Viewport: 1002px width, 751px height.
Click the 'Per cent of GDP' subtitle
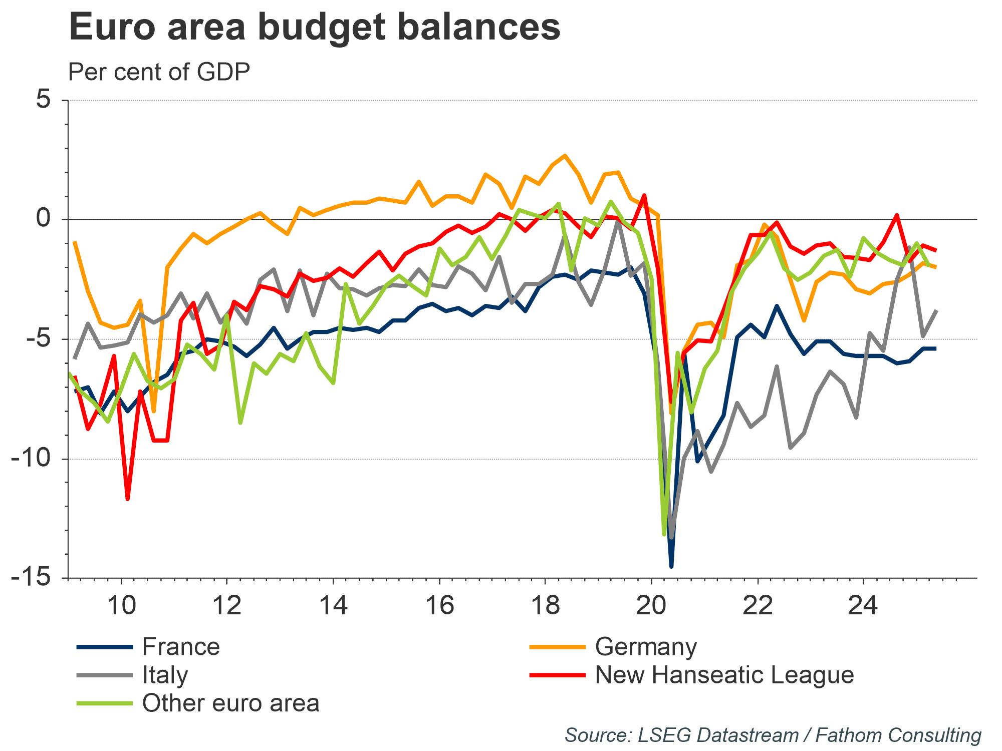pyautogui.click(x=159, y=72)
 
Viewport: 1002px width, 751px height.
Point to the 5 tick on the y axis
pyautogui.click(x=43, y=100)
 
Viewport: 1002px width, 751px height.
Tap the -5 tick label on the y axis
pyautogui.click(x=37, y=339)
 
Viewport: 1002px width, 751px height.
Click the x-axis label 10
pyautogui.click(x=122, y=606)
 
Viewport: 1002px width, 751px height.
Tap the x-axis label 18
pyautogui.click(x=546, y=606)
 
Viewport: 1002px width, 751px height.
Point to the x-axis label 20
pyautogui.click(x=651, y=606)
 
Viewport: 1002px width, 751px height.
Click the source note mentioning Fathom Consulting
pyautogui.click(x=773, y=735)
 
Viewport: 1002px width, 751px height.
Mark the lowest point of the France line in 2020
pyautogui.click(x=671, y=567)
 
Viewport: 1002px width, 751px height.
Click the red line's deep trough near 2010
pyautogui.click(x=128, y=499)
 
